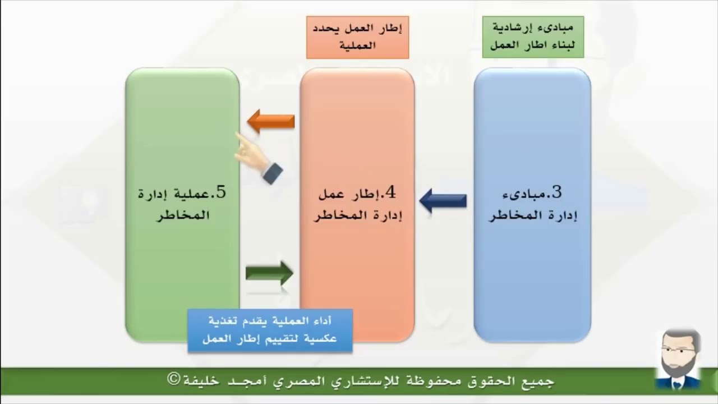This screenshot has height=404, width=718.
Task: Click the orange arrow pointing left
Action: (270, 121)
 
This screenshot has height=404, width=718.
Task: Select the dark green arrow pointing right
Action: (270, 273)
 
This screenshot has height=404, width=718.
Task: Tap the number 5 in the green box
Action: (220, 192)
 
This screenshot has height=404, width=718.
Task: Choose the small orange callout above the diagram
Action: (357, 37)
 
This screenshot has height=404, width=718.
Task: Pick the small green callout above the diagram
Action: (532, 37)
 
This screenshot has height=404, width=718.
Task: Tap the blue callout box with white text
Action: (270, 330)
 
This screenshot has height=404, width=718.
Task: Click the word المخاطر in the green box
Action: (182, 215)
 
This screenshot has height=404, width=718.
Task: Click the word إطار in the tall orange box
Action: (366, 195)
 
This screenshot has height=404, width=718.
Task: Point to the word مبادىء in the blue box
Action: (528, 195)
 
